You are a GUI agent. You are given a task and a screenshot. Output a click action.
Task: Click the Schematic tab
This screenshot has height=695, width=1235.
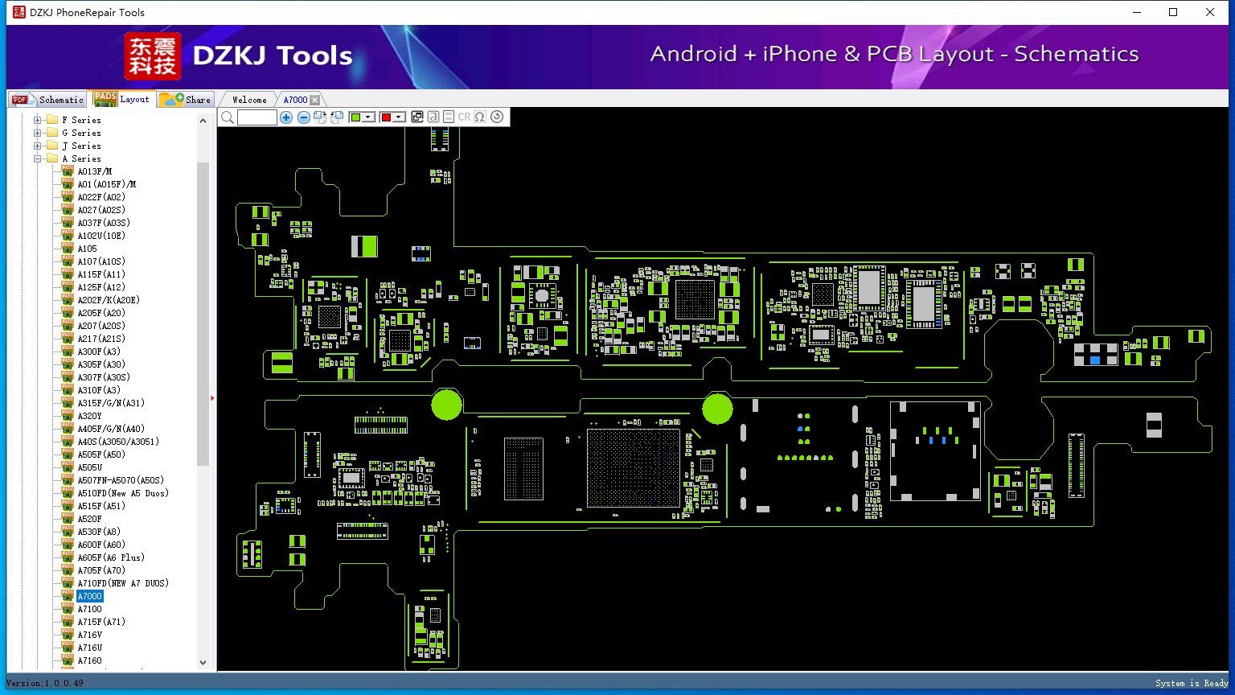point(48,99)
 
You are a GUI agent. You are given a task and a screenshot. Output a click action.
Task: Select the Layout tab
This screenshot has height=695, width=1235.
point(122,99)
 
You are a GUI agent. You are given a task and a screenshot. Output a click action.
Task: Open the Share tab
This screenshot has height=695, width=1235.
point(185,99)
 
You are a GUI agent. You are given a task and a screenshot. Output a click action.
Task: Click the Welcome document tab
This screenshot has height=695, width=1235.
point(249,100)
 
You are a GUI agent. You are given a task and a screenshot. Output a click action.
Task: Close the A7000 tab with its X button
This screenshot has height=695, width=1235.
point(315,100)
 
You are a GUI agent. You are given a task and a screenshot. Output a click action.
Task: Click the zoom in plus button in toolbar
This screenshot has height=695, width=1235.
point(286,117)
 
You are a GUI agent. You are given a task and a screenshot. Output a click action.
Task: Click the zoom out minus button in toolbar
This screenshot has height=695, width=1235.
point(303,117)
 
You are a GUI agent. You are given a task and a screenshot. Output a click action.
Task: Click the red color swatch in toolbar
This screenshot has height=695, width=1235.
point(386,117)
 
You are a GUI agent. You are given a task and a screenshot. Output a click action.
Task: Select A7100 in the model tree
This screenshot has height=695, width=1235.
point(89,609)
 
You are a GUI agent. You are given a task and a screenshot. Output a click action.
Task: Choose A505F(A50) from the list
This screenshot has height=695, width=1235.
point(101,454)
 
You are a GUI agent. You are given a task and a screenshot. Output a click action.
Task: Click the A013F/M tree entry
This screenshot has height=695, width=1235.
point(94,171)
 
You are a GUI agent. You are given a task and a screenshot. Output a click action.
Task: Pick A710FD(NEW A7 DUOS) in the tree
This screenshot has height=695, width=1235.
point(123,583)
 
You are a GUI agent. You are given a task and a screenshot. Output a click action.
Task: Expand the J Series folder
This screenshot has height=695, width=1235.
point(38,146)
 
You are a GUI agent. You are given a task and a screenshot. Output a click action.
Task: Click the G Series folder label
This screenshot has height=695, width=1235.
point(81,133)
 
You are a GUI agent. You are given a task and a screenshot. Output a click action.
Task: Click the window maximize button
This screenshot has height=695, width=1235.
point(1173,12)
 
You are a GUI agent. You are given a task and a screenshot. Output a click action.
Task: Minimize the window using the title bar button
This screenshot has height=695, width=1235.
point(1137,12)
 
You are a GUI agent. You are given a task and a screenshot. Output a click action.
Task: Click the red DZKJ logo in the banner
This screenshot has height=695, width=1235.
point(152,56)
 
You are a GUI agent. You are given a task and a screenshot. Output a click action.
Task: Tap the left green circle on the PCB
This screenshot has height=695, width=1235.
point(446,405)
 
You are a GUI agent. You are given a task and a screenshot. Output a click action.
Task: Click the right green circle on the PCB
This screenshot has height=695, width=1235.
point(718,409)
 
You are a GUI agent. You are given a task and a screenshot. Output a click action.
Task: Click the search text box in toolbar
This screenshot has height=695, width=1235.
point(257,117)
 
